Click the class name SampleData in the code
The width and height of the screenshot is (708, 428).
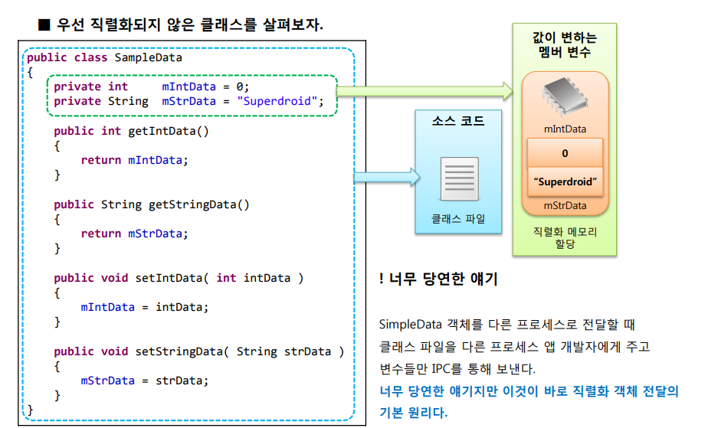click(149, 57)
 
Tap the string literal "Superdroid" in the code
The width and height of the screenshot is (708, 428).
click(277, 101)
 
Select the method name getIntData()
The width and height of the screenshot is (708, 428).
click(168, 131)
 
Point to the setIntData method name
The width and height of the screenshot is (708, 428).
click(166, 278)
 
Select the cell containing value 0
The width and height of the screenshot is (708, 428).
click(565, 154)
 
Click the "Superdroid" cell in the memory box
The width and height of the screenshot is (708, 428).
click(565, 183)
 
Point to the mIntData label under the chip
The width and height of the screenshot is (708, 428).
click(565, 129)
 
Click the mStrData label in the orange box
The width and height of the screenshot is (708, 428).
click(565, 205)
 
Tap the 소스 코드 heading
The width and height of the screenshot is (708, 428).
click(458, 121)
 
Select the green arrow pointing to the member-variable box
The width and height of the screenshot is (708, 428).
click(425, 92)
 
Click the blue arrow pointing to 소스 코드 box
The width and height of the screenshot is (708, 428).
click(388, 177)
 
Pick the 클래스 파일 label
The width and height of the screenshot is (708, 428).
click(458, 218)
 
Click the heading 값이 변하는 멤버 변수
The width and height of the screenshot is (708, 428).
click(565, 44)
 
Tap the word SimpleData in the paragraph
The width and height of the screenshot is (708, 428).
click(408, 325)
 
